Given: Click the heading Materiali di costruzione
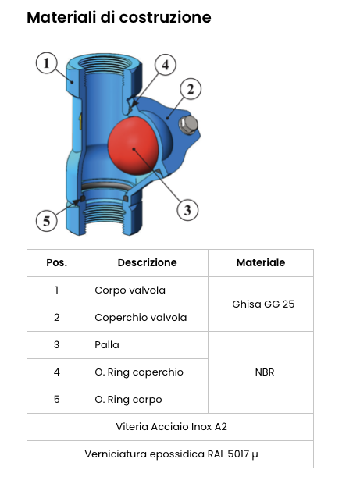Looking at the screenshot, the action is click(x=119, y=17).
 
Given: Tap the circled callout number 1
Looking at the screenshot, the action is click(x=47, y=63).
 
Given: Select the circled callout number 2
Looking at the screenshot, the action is click(x=191, y=89).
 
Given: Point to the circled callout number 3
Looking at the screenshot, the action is click(x=187, y=210).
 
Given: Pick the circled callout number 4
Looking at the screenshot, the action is click(x=166, y=65).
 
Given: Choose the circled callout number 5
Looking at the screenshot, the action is click(x=47, y=221).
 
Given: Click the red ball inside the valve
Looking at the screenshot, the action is click(x=134, y=146).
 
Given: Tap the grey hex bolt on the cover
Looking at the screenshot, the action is click(x=188, y=125).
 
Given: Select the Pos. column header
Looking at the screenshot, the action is click(x=57, y=263).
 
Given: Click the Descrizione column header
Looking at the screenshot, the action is click(x=148, y=263).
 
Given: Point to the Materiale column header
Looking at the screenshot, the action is click(x=261, y=263).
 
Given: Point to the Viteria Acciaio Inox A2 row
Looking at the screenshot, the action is click(x=171, y=427).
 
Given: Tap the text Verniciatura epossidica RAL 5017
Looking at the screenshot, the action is click(x=167, y=454).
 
